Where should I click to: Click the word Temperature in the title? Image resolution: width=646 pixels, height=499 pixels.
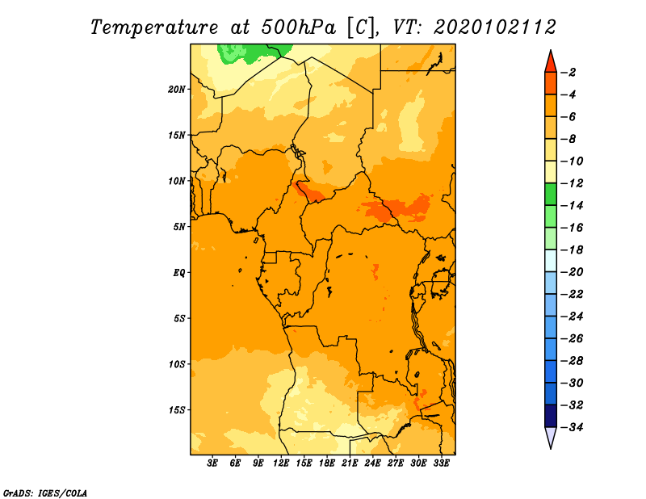(154, 28)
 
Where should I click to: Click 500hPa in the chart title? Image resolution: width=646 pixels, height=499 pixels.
(298, 27)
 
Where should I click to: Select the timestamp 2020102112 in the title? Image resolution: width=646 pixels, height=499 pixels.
(495, 27)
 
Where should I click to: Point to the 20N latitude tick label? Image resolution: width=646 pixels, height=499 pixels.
(177, 90)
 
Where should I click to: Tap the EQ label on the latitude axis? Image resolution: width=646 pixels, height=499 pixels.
(178, 273)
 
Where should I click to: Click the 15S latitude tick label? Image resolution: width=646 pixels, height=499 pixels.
(177, 410)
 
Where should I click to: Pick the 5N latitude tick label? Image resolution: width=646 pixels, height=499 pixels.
(179, 227)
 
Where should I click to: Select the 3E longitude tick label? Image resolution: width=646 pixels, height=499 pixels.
(212, 463)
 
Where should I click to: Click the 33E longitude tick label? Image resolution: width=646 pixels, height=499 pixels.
(441, 463)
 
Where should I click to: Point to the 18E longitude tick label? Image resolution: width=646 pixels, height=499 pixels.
(327, 463)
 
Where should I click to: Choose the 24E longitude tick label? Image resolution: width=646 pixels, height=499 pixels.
(372, 463)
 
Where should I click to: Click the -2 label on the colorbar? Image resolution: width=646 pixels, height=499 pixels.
(568, 73)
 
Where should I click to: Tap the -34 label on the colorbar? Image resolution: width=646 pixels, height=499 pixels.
(572, 427)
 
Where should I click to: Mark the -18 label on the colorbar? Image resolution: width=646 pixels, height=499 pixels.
(572, 250)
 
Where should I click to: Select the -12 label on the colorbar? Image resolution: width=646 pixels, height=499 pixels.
(572, 183)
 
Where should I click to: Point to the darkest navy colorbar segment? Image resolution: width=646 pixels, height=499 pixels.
(551, 416)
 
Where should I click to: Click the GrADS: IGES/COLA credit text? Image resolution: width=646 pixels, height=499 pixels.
(45, 493)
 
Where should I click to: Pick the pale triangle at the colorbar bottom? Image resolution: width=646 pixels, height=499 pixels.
(551, 438)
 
